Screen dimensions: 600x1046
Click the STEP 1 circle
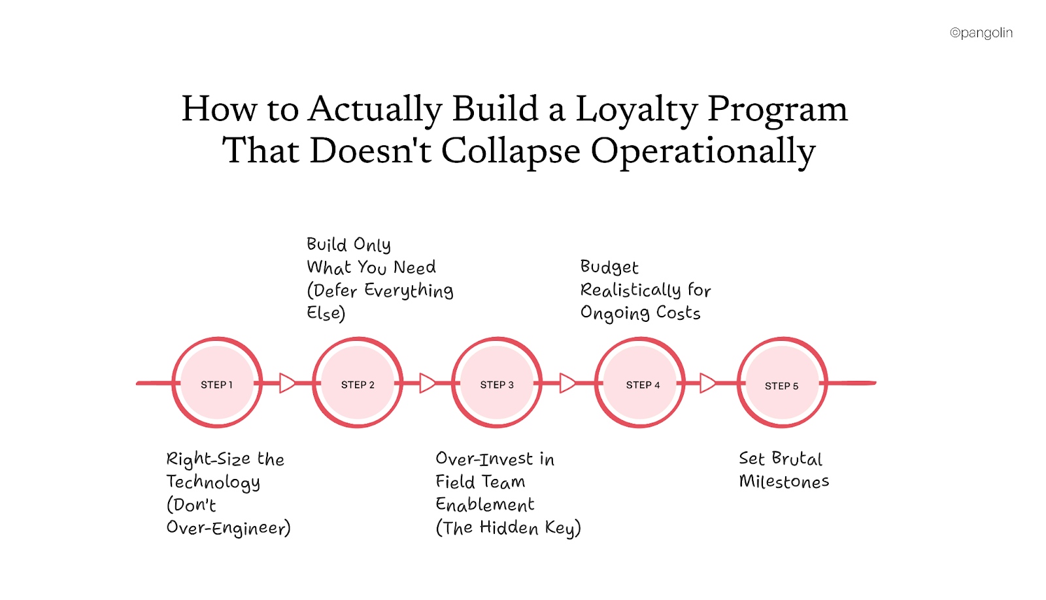(x=217, y=383)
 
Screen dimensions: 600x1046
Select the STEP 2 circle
(x=358, y=383)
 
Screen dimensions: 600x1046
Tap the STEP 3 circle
(x=497, y=383)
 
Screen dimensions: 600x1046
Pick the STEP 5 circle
(x=782, y=383)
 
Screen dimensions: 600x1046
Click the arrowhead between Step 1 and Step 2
(x=287, y=383)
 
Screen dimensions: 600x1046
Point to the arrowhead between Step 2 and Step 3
(x=427, y=383)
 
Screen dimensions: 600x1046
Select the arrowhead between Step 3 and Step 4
(x=567, y=383)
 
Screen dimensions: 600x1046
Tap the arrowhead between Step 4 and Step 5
(x=707, y=383)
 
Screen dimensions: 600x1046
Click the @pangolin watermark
(x=981, y=33)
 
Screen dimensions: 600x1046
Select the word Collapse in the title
(x=510, y=151)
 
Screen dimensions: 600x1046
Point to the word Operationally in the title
(x=703, y=151)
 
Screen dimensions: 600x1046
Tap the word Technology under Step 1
(x=213, y=482)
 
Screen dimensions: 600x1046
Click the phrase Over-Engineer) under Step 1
(x=228, y=528)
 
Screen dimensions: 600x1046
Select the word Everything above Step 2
(x=409, y=291)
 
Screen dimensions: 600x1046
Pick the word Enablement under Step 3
(x=484, y=504)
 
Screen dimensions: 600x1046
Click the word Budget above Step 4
(x=609, y=267)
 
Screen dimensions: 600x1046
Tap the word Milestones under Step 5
(x=784, y=482)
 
